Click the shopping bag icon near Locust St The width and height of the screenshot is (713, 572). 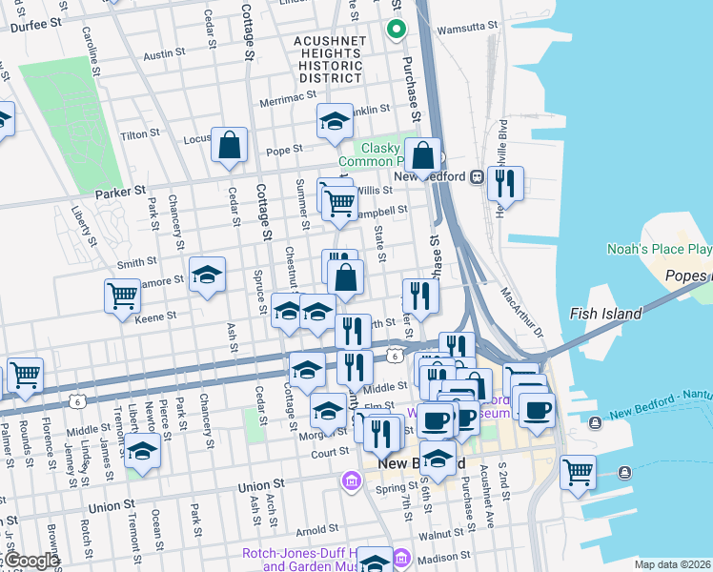(x=230, y=146)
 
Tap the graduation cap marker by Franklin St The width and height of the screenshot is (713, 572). (x=335, y=121)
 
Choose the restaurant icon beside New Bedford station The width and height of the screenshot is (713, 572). (x=505, y=182)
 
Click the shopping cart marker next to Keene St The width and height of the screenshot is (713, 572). (x=122, y=296)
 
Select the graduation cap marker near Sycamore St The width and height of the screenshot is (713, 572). (x=207, y=276)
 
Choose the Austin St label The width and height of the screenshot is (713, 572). (x=163, y=56)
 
